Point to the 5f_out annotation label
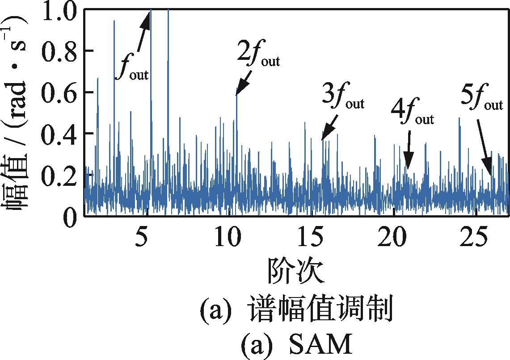click(481, 100)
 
